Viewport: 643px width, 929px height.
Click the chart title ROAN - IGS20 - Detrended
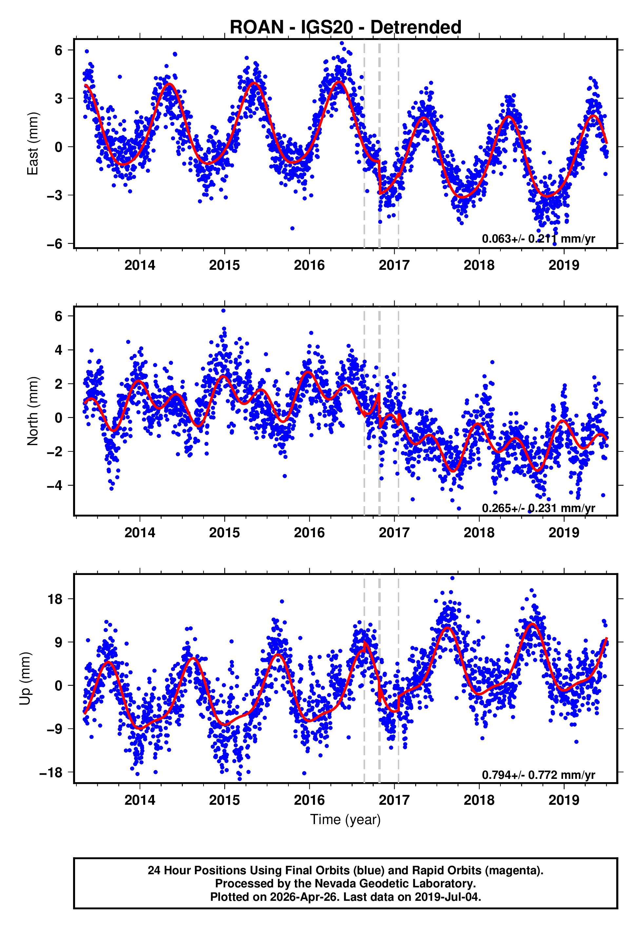point(345,28)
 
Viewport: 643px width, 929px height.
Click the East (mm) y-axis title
point(33,144)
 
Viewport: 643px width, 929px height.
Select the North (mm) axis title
point(33,411)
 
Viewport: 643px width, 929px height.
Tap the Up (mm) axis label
point(25,679)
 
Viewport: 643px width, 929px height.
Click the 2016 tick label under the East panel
point(309,265)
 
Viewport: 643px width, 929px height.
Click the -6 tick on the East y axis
point(54,244)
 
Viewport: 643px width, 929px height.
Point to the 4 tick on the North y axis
point(58,350)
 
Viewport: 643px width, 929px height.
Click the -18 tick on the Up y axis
point(51,773)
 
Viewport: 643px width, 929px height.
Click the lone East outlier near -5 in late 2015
point(292,228)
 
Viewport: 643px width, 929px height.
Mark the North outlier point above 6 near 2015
point(223,310)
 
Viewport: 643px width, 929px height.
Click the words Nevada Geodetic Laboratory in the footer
point(395,883)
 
